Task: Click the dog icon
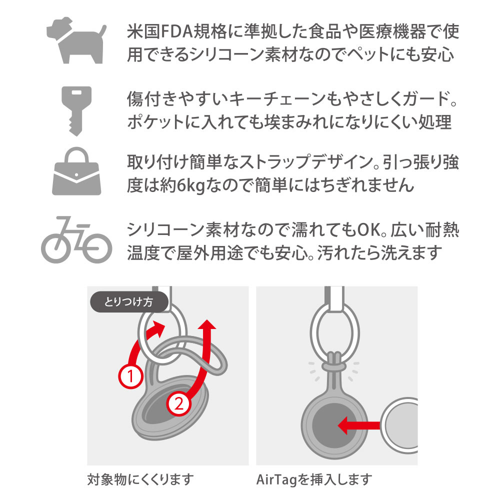(x=76, y=41)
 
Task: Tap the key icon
(x=76, y=110)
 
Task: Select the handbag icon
(x=76, y=171)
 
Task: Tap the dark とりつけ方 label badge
(x=129, y=301)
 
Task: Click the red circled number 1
(x=130, y=376)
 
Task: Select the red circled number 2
(x=179, y=404)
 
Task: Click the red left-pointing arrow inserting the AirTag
(x=358, y=425)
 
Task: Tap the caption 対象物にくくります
(x=140, y=479)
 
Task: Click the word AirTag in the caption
(x=276, y=479)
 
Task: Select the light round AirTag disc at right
(x=400, y=425)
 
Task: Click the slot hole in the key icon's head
(x=76, y=93)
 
